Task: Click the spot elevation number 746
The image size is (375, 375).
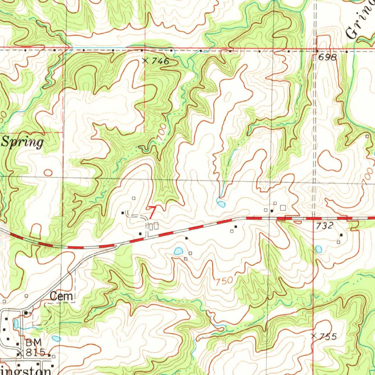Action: (x=161, y=62)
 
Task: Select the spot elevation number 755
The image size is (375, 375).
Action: (x=328, y=337)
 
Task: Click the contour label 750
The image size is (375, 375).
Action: (x=224, y=281)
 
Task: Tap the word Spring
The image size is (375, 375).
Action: (x=23, y=142)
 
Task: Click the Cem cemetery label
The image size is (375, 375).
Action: (x=62, y=297)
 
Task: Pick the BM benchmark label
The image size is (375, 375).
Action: (x=31, y=343)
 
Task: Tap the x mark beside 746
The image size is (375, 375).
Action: (x=145, y=61)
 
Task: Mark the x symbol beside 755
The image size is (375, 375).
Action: (x=313, y=335)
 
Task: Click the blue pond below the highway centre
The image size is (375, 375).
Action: (x=178, y=251)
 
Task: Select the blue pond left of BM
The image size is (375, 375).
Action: (x=16, y=324)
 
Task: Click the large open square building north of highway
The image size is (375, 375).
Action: (x=282, y=208)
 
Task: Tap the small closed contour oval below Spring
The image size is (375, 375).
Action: (x=48, y=172)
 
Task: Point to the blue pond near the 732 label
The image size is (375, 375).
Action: (x=319, y=249)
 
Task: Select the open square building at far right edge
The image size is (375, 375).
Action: (x=367, y=136)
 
